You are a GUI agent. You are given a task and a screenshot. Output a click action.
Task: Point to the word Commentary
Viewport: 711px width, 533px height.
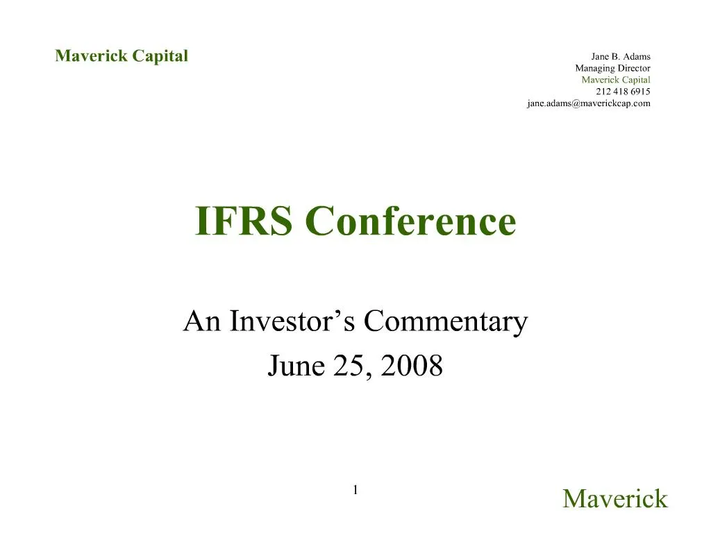coord(446,322)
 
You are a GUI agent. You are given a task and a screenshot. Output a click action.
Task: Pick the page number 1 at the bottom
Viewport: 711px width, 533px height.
coord(355,491)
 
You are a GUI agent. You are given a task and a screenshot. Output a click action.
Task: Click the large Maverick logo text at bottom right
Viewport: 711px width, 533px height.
coord(614,498)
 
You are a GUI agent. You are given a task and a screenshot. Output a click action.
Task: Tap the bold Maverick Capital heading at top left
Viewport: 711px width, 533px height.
coord(122,56)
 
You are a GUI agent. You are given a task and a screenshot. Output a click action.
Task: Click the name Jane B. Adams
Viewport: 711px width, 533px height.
coord(621,56)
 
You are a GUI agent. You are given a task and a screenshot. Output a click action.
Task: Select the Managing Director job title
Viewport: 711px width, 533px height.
coord(612,68)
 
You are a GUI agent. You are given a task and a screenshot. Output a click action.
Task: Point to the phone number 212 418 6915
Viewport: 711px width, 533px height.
coord(623,92)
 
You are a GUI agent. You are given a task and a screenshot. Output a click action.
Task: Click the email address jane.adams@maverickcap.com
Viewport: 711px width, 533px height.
coord(588,103)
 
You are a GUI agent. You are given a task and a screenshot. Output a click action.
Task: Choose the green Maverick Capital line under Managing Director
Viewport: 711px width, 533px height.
coord(615,80)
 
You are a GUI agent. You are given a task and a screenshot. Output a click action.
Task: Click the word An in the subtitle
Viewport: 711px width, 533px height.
coord(202,322)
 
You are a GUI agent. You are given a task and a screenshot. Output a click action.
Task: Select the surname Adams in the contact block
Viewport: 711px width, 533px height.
coord(637,56)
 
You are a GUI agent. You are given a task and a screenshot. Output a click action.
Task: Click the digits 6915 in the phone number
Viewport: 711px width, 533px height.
coord(641,92)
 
